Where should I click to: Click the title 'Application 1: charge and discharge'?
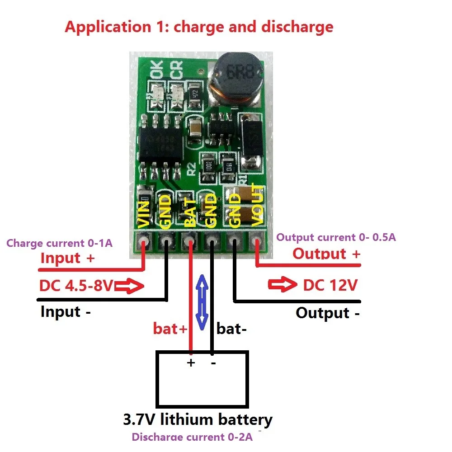(x=199, y=27)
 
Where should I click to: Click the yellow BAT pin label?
(x=190, y=212)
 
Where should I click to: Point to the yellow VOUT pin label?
(x=257, y=204)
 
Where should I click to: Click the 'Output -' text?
(x=328, y=313)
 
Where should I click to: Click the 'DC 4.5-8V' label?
(x=76, y=286)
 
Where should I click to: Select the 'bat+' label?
(x=169, y=329)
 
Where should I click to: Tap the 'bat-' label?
(x=231, y=329)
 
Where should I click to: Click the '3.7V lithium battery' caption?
(x=198, y=419)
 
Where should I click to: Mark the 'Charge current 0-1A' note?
(x=59, y=243)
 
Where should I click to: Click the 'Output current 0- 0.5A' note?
(x=336, y=237)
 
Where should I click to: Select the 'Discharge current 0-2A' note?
(x=192, y=437)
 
